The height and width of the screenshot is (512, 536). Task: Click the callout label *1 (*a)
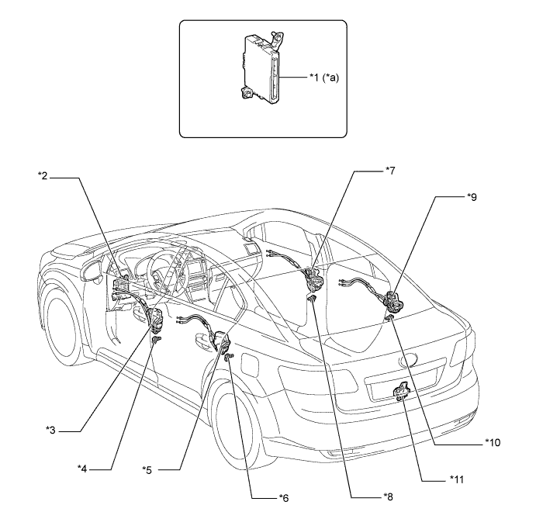click(318, 78)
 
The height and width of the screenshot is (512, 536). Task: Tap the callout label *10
click(494, 442)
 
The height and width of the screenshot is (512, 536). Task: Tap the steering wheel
click(148, 268)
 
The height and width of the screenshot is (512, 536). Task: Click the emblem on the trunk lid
click(407, 360)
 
